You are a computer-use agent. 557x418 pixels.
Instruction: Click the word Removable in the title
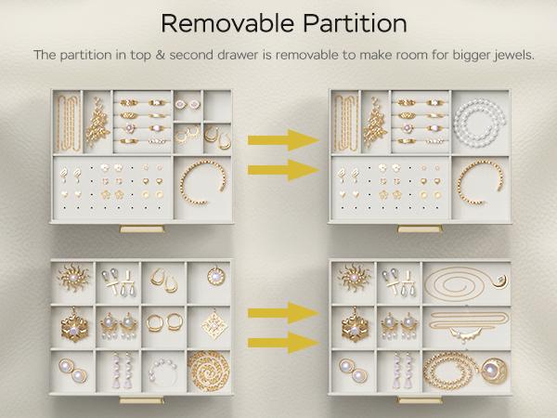tap(227, 24)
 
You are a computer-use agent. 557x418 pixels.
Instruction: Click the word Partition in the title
tap(355, 24)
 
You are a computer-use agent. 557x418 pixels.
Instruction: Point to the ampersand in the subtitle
tap(160, 56)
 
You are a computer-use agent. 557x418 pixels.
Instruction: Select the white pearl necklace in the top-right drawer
tap(480, 123)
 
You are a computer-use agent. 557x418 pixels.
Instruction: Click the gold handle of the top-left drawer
tap(142, 229)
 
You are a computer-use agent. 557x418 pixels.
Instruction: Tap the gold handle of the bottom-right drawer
tap(420, 400)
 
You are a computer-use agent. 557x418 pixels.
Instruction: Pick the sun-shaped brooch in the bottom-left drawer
tap(73, 277)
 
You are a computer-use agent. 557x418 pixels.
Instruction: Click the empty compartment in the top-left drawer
tap(217, 106)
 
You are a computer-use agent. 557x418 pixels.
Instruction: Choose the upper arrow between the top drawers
tap(283, 140)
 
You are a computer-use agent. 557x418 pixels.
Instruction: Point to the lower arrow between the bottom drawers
tap(283, 342)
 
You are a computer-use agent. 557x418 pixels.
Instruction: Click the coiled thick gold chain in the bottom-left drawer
tap(209, 371)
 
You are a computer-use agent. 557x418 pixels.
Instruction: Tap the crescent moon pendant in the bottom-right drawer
tap(501, 281)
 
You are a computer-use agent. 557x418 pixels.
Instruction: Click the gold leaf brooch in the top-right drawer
tap(375, 124)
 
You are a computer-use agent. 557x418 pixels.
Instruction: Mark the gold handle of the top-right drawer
tap(420, 229)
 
